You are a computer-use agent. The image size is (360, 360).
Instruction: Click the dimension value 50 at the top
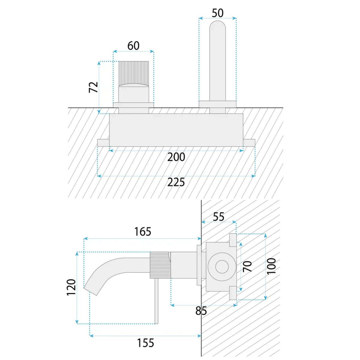217,13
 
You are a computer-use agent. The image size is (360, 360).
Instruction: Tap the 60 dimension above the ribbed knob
133,46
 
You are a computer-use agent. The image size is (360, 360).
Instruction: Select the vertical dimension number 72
93,87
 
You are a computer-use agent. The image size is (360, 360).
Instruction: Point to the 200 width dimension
176,157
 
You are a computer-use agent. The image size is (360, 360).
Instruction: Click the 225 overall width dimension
176,182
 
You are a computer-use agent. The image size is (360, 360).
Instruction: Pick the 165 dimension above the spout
143,232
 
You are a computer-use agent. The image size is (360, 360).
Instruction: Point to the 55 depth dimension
218,217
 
